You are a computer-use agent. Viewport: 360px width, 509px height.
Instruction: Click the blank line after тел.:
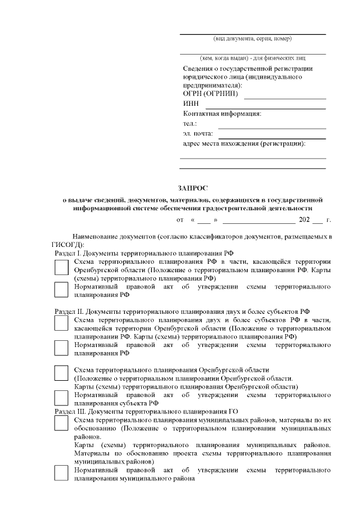click(x=272, y=127)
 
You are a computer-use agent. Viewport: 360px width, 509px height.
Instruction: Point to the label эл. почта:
click(x=198, y=133)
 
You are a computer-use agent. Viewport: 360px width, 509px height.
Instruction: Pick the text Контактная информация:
click(x=222, y=114)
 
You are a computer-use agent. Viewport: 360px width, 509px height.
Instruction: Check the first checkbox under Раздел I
click(x=61, y=269)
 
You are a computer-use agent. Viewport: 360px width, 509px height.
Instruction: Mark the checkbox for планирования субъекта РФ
click(x=61, y=398)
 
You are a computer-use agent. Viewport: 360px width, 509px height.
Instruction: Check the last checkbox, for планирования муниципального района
click(x=61, y=473)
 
